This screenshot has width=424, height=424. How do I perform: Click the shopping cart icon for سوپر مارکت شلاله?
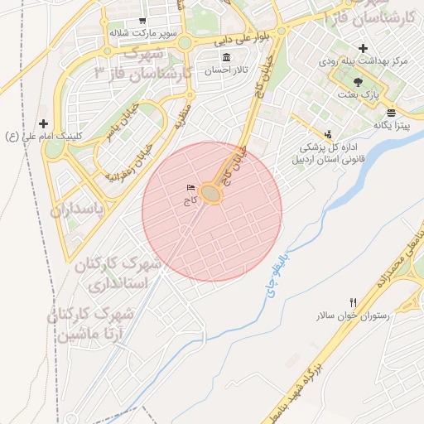pyautogui.click(x=143, y=21)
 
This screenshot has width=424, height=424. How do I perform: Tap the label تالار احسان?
pyautogui.click(x=228, y=71)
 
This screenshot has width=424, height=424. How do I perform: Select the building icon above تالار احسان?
pyautogui.click(x=227, y=57)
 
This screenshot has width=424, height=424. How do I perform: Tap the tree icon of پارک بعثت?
pyautogui.click(x=358, y=82)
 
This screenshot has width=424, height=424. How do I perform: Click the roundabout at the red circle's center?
pyautogui.click(x=212, y=194)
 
